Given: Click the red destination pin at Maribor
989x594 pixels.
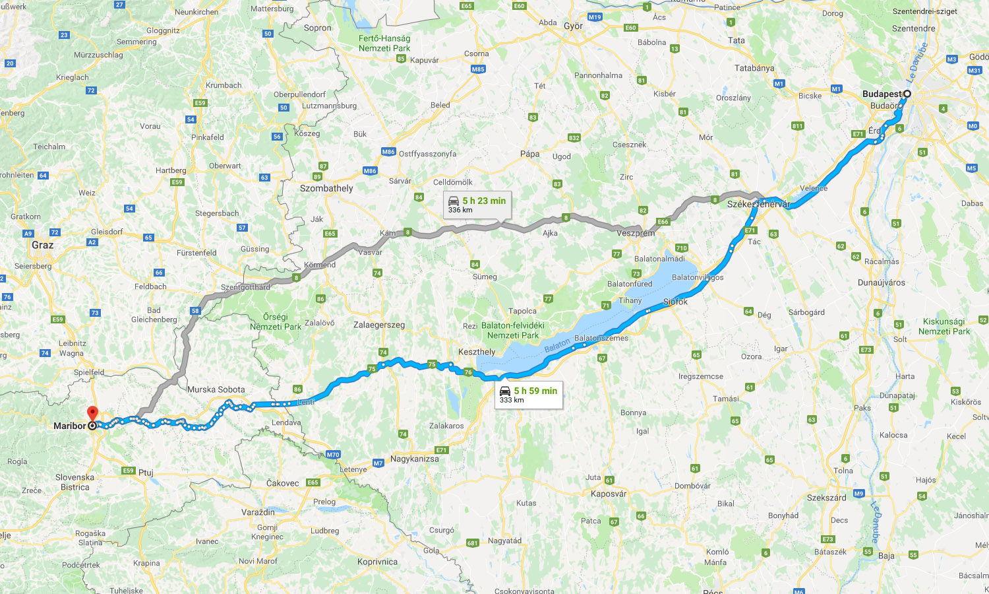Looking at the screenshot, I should coord(92,413).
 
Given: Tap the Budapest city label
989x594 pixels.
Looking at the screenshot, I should coord(881,94).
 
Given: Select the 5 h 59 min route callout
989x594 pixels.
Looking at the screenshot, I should coord(529,395).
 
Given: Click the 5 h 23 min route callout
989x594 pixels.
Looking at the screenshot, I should coord(477,205).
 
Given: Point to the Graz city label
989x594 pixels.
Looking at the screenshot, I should coord(42,245).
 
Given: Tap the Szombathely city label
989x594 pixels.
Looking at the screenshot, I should coord(326,188).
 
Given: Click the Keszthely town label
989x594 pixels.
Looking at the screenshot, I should coord(476,352).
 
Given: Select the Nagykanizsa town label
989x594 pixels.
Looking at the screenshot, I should coord(414,459).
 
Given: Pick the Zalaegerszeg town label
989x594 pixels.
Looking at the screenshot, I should coord(379,325).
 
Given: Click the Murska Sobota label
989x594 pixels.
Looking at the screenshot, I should coord(216,389).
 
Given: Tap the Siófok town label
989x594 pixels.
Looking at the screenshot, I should coord(675,302).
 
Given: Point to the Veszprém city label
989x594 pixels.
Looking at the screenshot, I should coord(636,233).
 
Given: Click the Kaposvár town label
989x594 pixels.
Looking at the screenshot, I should coord(609,494).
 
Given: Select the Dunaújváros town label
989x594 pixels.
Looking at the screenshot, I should coord(881,282).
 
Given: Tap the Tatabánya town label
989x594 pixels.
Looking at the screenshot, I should coord(754,68).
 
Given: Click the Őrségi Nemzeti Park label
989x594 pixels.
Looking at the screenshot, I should coord(275,321).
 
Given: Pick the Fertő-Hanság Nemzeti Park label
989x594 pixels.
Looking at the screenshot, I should coord(384,43).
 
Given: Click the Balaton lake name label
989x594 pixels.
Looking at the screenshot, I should coord(557,345).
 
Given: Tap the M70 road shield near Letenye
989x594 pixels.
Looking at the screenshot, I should coord(333,455).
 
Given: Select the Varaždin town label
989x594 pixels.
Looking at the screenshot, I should coord(258,512).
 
